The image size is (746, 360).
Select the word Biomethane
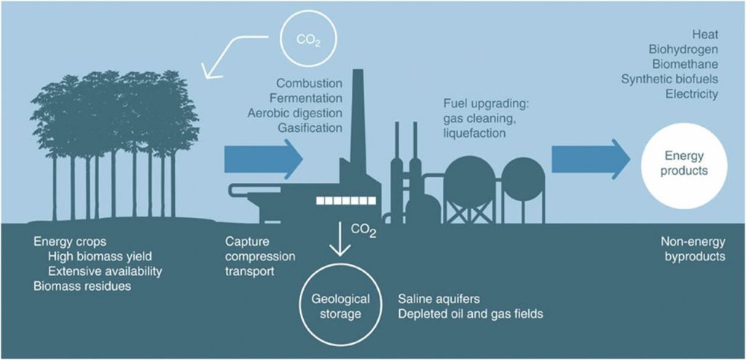685,65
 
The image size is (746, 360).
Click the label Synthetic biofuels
670,79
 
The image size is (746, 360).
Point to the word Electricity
691,94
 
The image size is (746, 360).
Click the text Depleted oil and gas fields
471,314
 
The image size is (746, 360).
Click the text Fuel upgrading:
486,105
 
